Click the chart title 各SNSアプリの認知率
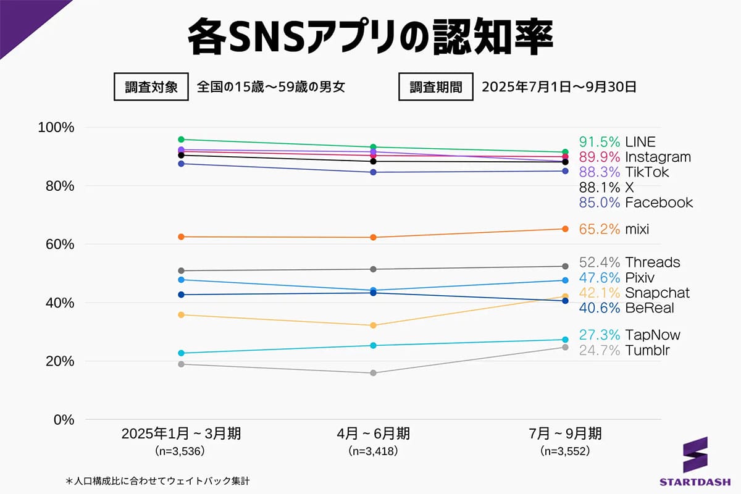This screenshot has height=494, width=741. [370, 38]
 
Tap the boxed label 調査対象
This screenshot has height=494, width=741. [151, 86]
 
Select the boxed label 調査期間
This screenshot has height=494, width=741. [436, 86]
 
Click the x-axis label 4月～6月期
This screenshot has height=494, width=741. [373, 433]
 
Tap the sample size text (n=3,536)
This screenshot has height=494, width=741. [181, 451]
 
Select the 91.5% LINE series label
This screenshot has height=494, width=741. [617, 141]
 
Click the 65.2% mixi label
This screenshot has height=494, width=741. [614, 229]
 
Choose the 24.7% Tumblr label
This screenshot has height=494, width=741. [624, 351]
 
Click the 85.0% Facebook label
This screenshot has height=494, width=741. [635, 203]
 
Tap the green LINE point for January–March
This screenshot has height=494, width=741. [181, 140]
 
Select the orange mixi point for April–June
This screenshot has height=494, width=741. [373, 237]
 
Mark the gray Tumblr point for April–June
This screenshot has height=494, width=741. [373, 373]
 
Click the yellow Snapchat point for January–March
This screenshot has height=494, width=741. [181, 315]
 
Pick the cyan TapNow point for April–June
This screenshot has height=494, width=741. [373, 345]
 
